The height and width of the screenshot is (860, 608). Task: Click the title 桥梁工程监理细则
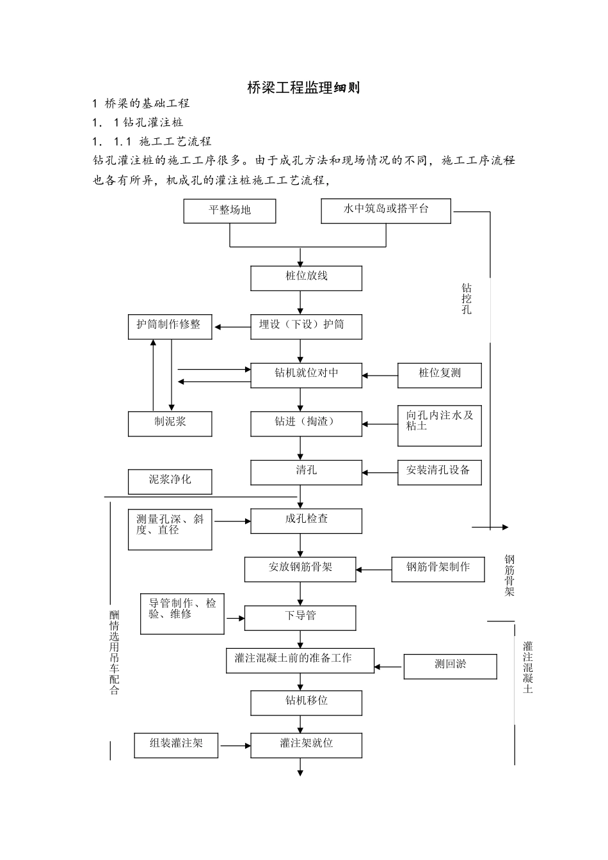[x=303, y=88]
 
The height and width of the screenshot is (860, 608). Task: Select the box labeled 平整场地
[x=230, y=211]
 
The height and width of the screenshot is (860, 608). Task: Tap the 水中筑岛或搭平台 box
[x=386, y=211]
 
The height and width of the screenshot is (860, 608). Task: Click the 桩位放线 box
[x=306, y=278]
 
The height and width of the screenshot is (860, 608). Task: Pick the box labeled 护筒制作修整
[x=170, y=326]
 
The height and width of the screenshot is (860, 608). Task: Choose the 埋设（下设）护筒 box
[x=306, y=326]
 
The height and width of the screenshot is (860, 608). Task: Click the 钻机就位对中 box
[x=306, y=375]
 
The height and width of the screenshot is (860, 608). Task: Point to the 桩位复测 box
[x=439, y=375]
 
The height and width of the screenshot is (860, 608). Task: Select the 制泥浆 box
[x=170, y=424]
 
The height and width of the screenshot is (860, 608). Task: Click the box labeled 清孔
[x=306, y=472]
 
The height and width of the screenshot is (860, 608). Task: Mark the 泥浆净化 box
[x=170, y=482]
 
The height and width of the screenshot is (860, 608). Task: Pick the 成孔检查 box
[x=306, y=521]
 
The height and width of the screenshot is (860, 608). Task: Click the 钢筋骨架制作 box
[x=438, y=569]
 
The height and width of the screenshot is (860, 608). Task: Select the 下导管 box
[x=300, y=617]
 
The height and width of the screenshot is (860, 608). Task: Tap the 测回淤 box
[x=450, y=666]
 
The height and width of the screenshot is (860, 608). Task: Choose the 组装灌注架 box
[x=176, y=745]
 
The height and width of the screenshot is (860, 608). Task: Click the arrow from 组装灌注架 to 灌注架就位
[x=234, y=745]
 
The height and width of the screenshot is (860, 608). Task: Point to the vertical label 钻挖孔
[x=467, y=299]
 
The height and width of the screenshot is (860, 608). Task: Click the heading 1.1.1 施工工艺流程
[x=152, y=141]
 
